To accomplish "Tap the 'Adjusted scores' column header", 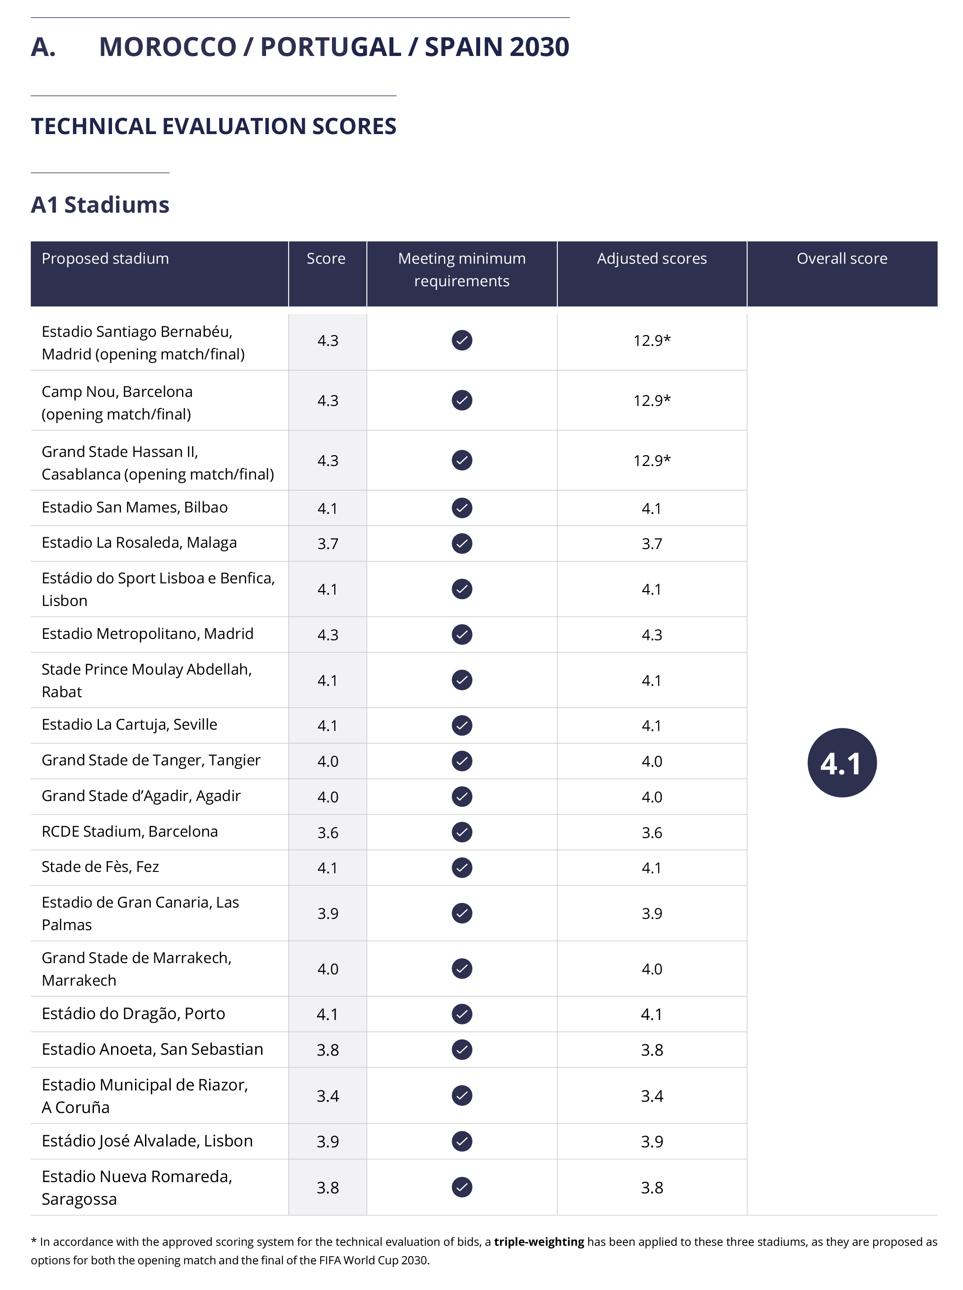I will (651, 259).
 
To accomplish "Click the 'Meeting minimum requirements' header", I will (462, 270).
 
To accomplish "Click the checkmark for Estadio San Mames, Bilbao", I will (462, 508).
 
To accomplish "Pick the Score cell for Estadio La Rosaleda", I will (327, 544).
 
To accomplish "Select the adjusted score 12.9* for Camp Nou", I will (652, 401).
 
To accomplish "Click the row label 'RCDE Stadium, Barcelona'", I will (130, 831).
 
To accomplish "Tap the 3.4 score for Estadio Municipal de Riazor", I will (327, 1096).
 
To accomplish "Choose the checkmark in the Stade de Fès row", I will (462, 867).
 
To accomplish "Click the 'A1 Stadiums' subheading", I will (100, 205).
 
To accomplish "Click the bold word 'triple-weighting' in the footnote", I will (538, 1242).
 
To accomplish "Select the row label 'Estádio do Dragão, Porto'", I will (133, 1014).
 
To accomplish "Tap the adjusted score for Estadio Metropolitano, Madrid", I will (652, 634).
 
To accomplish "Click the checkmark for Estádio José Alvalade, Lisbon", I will (462, 1141).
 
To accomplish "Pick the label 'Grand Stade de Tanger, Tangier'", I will (151, 760).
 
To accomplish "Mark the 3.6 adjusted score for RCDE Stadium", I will (652, 833).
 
